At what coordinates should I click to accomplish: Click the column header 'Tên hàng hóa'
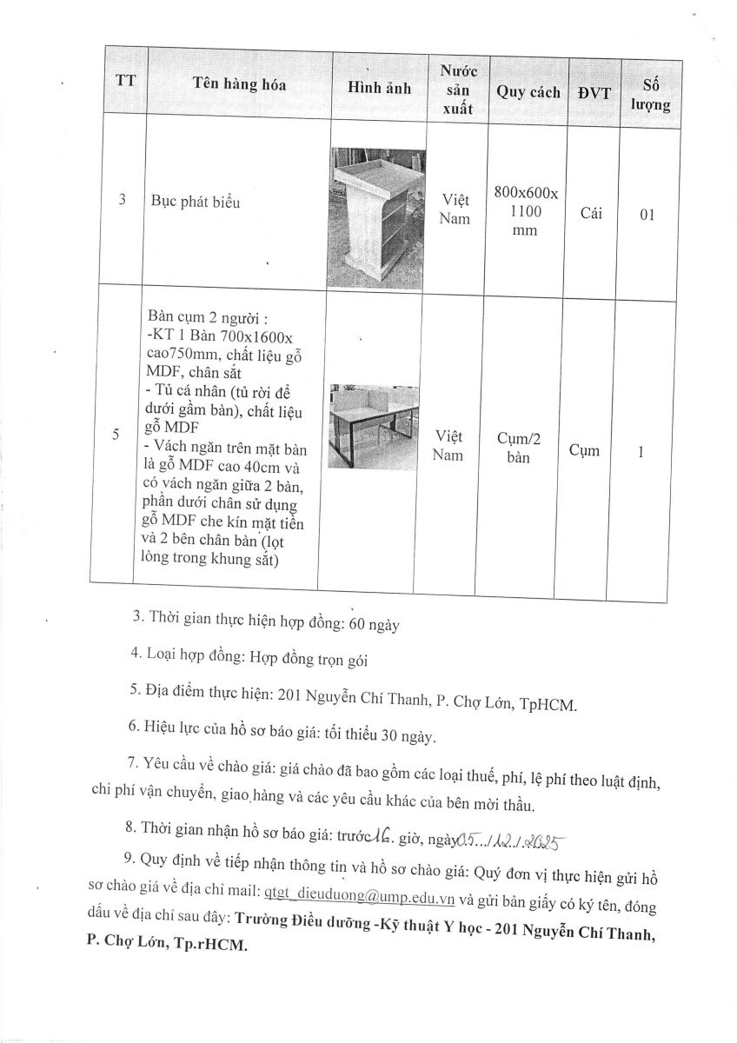240,86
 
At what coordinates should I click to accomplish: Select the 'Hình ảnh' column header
379,88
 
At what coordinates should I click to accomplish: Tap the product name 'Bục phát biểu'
192,203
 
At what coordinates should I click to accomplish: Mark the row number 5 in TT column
116,435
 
